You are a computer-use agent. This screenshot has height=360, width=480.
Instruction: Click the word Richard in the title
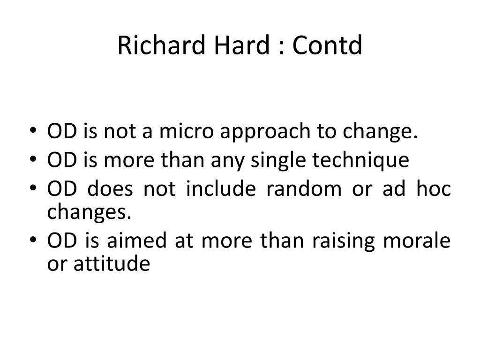pos(161,45)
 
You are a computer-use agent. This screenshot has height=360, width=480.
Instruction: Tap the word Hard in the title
pos(242,45)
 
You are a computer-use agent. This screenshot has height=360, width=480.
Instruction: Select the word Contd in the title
pos(327,45)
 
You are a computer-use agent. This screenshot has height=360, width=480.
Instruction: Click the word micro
pos(186,131)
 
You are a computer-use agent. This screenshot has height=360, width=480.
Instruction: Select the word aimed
pos(136,240)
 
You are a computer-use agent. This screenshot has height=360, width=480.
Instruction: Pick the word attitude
pos(112,263)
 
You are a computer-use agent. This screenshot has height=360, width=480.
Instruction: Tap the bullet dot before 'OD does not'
pos(33,187)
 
